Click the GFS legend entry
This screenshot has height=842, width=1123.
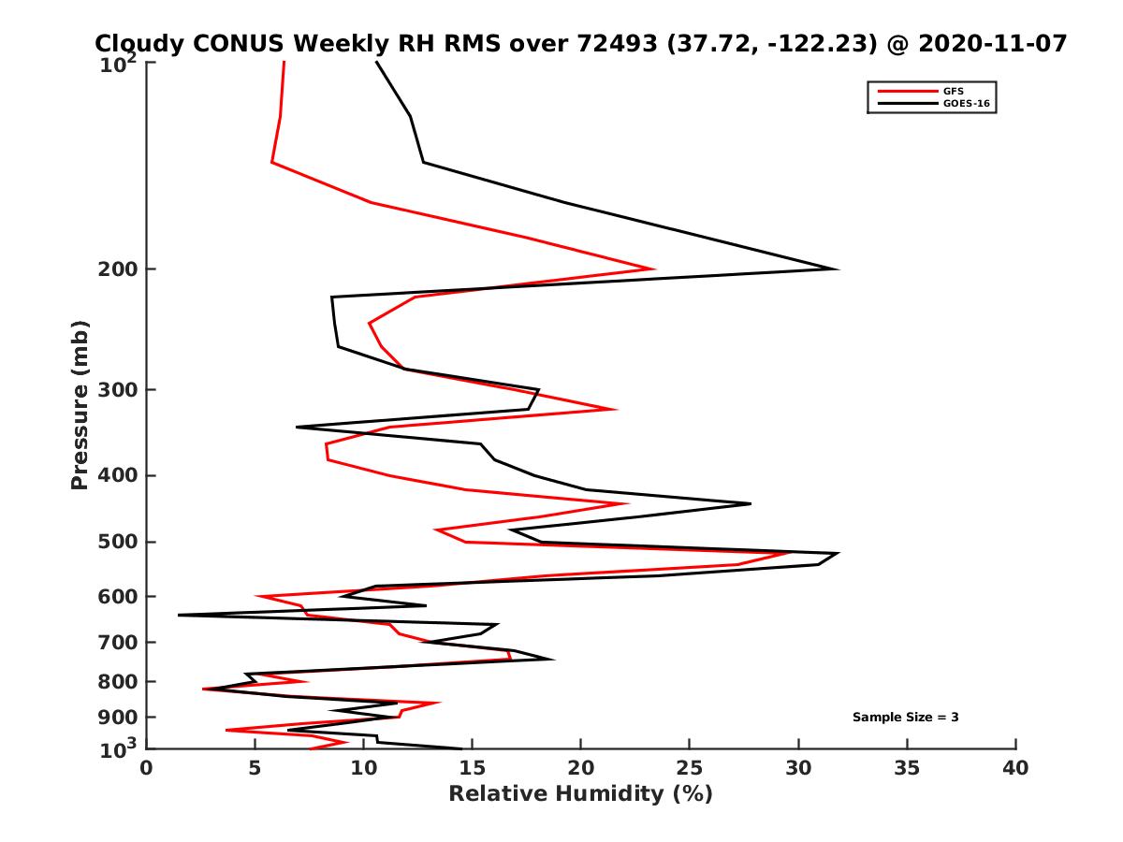tap(953, 91)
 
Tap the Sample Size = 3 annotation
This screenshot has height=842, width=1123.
tap(905, 718)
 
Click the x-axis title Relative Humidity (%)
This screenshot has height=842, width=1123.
tap(580, 794)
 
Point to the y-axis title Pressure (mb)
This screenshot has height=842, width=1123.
tap(80, 404)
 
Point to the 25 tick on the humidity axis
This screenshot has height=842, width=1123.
tap(690, 769)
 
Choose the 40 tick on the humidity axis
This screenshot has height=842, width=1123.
tap(1015, 769)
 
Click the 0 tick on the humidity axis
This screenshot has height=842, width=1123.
tap(147, 769)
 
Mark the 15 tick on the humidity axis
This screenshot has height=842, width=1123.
tap(473, 769)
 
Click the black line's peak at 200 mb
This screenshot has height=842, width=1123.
tap(837, 269)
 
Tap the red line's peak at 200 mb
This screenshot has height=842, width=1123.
tap(653, 269)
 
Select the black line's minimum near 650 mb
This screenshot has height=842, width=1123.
tap(179, 615)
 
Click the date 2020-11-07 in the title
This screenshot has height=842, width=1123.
tap(993, 43)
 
